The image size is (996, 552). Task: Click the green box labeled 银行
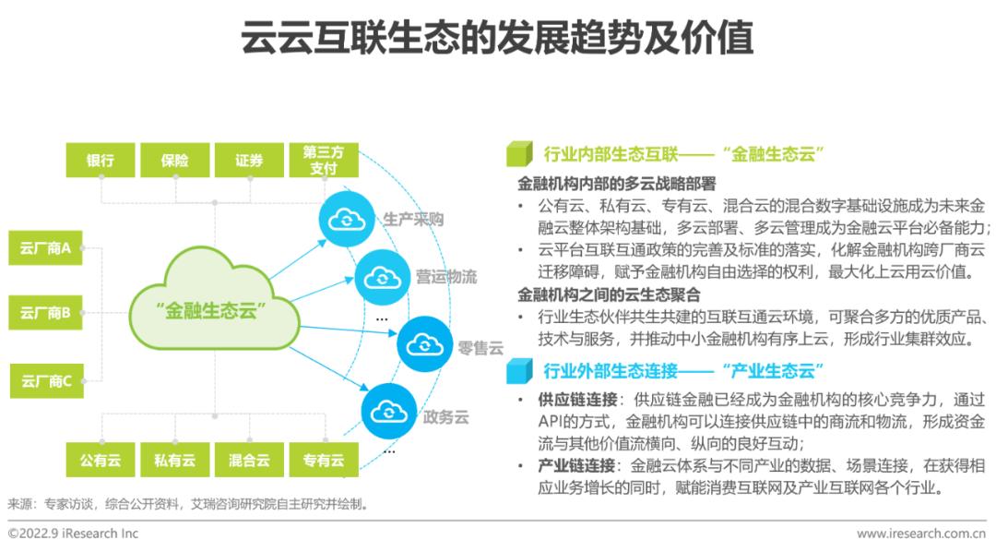[101, 161]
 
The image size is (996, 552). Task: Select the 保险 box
[174, 161]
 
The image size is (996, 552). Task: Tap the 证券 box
[249, 161]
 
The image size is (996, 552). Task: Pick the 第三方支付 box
[324, 161]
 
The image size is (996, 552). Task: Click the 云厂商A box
[45, 248]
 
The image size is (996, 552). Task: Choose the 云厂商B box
[45, 313]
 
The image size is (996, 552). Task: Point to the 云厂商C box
[46, 381]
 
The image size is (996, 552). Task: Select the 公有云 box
[101, 460]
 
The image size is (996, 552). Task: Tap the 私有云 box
[174, 460]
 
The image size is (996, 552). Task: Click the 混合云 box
[249, 460]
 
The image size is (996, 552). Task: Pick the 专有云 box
[324, 460]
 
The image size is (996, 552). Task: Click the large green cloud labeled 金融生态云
[213, 300]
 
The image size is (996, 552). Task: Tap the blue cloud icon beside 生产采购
[346, 219]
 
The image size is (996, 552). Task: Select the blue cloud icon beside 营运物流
[383, 277]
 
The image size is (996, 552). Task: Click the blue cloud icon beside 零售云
[425, 344]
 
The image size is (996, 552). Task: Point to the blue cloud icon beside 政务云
[389, 412]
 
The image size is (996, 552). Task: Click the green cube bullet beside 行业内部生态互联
[519, 154]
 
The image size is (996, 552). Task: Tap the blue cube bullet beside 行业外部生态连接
[519, 371]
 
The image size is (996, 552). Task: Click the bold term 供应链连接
[577, 400]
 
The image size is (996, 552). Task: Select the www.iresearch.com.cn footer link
[921, 534]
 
